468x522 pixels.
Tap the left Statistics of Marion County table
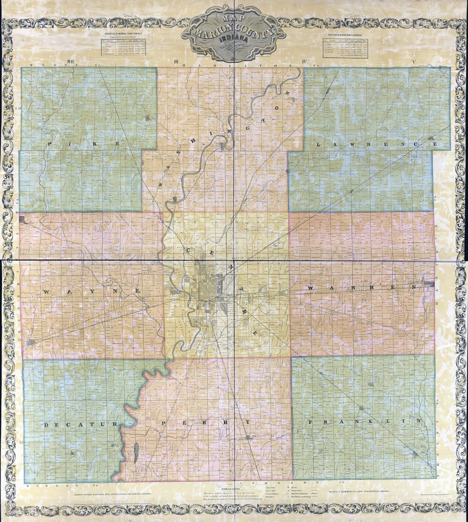(x=123, y=47)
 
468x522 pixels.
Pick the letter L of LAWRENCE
(x=319, y=145)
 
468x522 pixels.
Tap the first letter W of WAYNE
(x=46, y=292)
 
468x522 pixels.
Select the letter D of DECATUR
(x=46, y=425)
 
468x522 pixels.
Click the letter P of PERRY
(x=164, y=422)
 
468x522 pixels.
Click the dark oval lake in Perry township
(x=136, y=452)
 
